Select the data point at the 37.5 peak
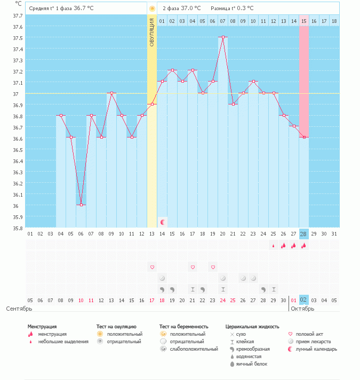tap(223, 37)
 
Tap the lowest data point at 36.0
tap(81, 205)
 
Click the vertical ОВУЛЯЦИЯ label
tap(152, 33)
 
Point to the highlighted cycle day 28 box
tap(303, 233)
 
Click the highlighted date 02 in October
tap(303, 300)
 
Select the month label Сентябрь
tap(19, 309)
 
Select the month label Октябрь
tap(302, 309)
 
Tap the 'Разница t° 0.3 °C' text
tap(232, 9)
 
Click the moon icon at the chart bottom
tap(163, 221)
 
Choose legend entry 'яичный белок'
tap(252, 364)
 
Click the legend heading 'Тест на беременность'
tap(183, 326)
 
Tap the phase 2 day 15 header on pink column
tap(303, 21)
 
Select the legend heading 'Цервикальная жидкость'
tap(252, 326)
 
